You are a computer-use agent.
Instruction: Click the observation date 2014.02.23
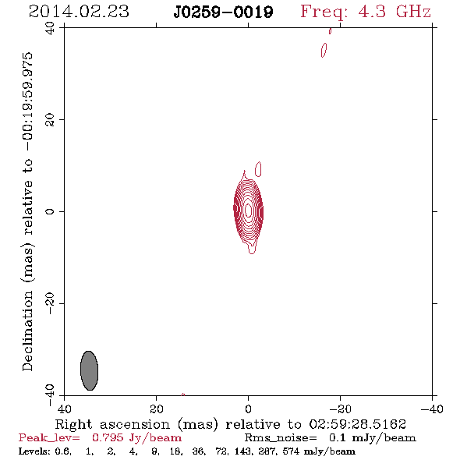pos(79,12)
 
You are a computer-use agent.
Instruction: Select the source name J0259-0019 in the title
pos(223,12)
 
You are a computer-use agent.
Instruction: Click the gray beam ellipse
pos(89,370)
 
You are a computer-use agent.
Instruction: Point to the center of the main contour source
pos(248,211)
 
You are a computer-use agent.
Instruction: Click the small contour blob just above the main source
pos(258,169)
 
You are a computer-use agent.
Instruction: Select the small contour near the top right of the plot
pos(324,50)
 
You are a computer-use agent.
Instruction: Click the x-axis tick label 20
pos(156,409)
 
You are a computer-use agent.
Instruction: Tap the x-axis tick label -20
pos(340,409)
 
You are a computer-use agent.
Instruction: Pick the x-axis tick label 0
pos(248,409)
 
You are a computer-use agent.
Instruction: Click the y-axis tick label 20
pos(50,120)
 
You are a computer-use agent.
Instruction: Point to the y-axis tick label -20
pos(50,303)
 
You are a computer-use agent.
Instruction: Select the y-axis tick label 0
pos(50,211)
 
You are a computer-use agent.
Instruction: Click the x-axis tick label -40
pos(432,409)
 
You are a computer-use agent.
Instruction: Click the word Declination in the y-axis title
pos(27,331)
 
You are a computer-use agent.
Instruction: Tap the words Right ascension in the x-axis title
pos(112,424)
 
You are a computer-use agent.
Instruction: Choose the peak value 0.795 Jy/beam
pos(136,438)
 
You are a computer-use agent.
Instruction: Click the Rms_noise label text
pos(281,438)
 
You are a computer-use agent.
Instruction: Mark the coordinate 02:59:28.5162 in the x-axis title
pos(358,424)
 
